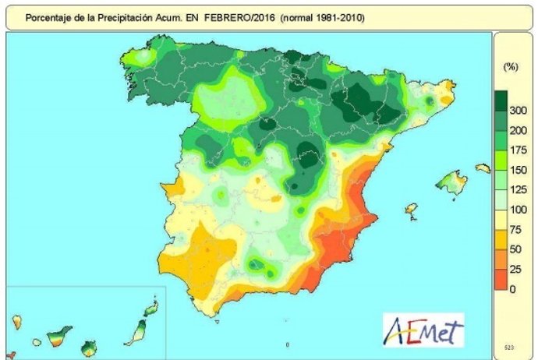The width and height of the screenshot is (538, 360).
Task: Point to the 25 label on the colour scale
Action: [x=514, y=270]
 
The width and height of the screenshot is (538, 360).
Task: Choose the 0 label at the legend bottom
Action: [x=513, y=289]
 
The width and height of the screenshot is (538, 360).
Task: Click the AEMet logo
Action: [x=423, y=330]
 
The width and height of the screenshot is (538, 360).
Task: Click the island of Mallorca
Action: [x=450, y=184]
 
